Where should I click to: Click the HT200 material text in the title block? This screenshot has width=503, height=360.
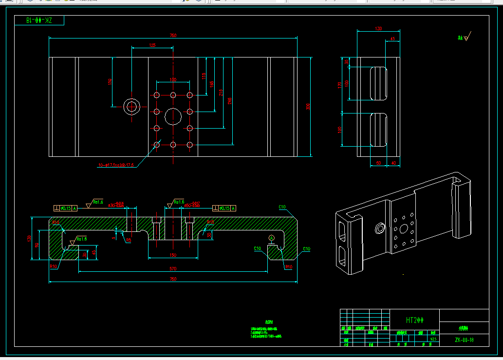pyautogui.click(x=415, y=320)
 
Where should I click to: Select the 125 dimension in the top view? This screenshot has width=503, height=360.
pyautogui.click(x=152, y=45)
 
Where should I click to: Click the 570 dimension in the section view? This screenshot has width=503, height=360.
pyautogui.click(x=173, y=268)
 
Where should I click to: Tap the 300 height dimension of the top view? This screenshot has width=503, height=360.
pyautogui.click(x=308, y=107)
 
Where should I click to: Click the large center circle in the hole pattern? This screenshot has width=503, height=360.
pyautogui.click(x=172, y=116)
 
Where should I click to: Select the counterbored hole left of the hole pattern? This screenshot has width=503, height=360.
pyautogui.click(x=132, y=106)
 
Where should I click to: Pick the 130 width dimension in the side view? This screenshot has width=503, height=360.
pyautogui.click(x=378, y=29)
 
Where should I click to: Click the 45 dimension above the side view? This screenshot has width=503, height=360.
pyautogui.click(x=392, y=39)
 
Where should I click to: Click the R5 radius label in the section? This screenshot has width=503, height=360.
pyautogui.click(x=129, y=240)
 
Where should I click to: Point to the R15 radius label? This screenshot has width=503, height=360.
pyautogui.click(x=210, y=222)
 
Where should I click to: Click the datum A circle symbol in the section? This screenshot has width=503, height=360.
pyautogui.click(x=271, y=238)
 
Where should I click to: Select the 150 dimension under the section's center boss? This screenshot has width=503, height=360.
pyautogui.click(x=173, y=255)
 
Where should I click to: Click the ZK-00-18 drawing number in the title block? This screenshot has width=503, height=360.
pyautogui.click(x=464, y=340)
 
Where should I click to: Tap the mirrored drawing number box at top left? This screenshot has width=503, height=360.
pyautogui.click(x=39, y=20)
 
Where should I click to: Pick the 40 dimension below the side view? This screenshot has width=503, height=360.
pyautogui.click(x=393, y=163)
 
